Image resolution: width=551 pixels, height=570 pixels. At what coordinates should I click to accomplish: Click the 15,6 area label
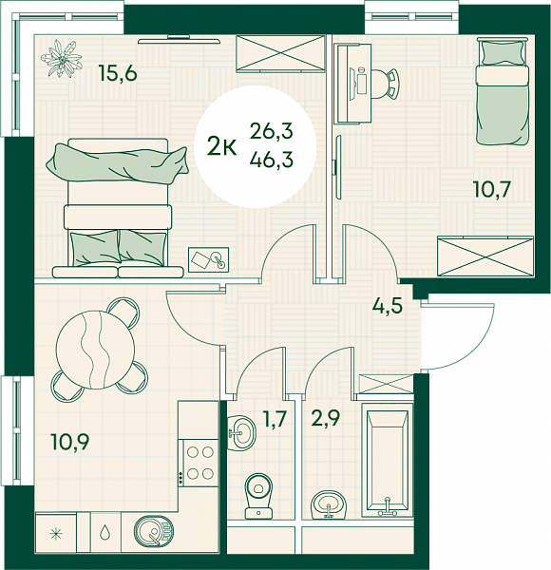click(119, 74)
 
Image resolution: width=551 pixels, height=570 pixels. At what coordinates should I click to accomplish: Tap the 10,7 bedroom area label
click(492, 189)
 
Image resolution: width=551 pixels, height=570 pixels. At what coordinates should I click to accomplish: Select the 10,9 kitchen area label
click(70, 442)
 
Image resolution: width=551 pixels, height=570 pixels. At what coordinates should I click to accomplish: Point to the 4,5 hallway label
click(387, 306)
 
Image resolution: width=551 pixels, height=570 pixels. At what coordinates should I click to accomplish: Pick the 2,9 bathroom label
click(325, 419)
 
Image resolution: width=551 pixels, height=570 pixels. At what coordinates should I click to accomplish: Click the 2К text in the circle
click(222, 148)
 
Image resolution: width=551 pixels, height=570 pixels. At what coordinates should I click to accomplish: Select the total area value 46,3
click(272, 160)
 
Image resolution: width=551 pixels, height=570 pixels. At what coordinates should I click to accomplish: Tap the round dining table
click(96, 350)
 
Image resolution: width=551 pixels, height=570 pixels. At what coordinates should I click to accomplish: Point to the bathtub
click(387, 461)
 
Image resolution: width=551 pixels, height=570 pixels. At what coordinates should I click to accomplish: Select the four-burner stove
click(199, 463)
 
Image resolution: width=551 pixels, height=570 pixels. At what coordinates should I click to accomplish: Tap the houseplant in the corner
click(61, 59)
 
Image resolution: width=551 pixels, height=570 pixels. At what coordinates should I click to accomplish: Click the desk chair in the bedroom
click(386, 84)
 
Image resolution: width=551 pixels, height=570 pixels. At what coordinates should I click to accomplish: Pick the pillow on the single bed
click(503, 52)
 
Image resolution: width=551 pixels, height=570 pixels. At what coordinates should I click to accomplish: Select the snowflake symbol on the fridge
click(56, 534)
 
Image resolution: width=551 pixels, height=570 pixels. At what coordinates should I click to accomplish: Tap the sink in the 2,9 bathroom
click(329, 505)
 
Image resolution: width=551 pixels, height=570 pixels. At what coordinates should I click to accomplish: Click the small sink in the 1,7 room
click(241, 432)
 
